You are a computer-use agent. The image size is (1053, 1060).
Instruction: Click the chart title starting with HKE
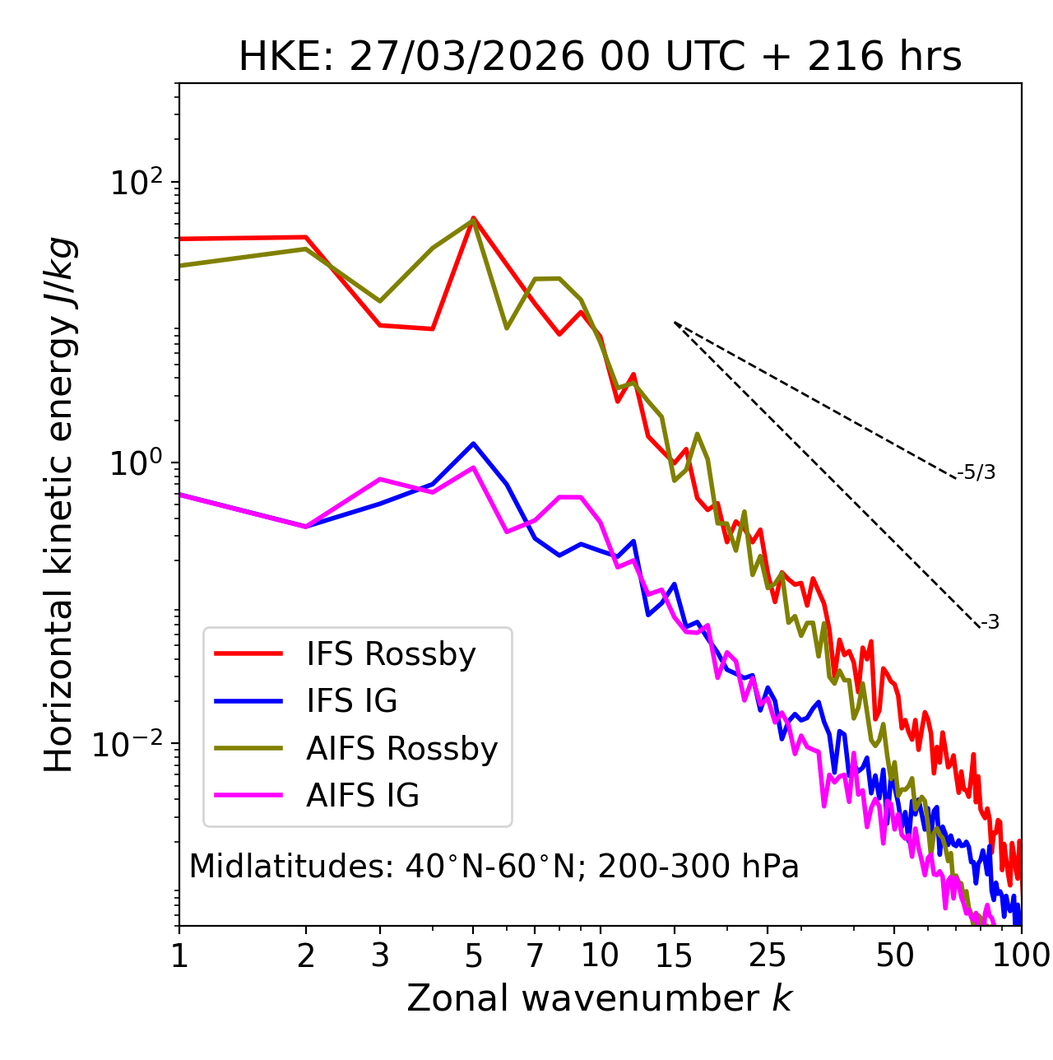[x=600, y=58]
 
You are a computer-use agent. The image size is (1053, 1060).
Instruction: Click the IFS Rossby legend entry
[x=391, y=654]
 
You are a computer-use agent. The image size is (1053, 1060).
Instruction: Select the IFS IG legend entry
[x=351, y=701]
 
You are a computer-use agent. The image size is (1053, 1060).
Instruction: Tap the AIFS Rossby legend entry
[x=401, y=749]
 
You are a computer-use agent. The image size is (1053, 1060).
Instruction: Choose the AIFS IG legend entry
[x=363, y=796]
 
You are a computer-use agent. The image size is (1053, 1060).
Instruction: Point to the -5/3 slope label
[x=976, y=472]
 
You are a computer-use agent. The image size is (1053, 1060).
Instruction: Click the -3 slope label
[x=990, y=623]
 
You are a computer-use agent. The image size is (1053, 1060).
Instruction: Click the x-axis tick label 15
[x=674, y=955]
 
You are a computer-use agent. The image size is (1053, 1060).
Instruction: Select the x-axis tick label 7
[x=535, y=955]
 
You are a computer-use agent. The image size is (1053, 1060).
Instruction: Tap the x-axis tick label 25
[x=768, y=955]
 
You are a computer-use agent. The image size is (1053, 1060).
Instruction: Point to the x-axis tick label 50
[x=894, y=955]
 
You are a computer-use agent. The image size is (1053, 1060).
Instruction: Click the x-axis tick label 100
[x=1021, y=955]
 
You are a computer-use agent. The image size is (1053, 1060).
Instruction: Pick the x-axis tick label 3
[x=380, y=955]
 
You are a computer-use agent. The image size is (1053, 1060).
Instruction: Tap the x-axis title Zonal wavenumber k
[x=600, y=998]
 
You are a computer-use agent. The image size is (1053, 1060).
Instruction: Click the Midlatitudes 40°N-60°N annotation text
[x=494, y=867]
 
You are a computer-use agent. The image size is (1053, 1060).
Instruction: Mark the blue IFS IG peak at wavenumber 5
[x=473, y=444]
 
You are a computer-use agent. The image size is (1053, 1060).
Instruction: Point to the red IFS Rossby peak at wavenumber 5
[x=473, y=218]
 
